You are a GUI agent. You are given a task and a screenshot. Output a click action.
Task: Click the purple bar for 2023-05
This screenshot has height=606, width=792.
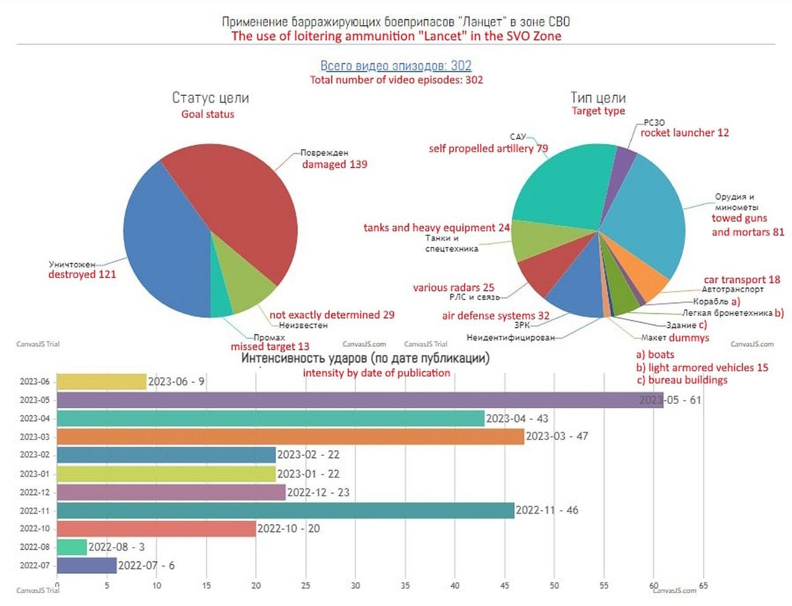pos(359,400)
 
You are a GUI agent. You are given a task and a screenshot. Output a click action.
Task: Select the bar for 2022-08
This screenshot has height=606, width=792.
pos(72,547)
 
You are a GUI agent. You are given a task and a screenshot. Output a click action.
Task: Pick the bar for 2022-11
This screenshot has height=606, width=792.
pos(285,511)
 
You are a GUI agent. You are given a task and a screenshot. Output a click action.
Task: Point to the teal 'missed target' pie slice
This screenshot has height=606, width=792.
pos(221,306)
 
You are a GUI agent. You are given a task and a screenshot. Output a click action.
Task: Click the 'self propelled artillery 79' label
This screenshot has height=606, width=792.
pos(488,148)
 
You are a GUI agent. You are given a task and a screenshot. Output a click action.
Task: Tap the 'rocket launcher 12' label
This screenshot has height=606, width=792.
pos(684,132)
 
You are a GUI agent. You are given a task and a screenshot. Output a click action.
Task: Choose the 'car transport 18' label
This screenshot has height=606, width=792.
pos(741,280)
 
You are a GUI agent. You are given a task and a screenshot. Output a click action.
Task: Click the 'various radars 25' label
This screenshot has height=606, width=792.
pos(454,288)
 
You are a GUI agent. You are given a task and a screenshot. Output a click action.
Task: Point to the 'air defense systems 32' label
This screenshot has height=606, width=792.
pos(495,315)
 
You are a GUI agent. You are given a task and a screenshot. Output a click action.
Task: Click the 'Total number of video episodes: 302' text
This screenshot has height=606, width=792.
pos(396,80)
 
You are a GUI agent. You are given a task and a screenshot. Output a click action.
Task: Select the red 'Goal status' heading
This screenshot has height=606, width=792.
pos(208,114)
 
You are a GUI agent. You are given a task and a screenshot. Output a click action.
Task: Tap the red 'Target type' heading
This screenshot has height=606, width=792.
pos(598,111)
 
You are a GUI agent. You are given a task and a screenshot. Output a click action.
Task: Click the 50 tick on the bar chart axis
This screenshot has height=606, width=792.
pos(554,586)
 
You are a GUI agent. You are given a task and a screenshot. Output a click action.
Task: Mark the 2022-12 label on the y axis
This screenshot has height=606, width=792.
pos(35,492)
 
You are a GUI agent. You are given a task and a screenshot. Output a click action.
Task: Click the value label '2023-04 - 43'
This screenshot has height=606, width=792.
pos(517,419)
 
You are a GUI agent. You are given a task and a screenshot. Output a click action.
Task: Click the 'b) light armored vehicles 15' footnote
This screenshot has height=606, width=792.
pos(702,367)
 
